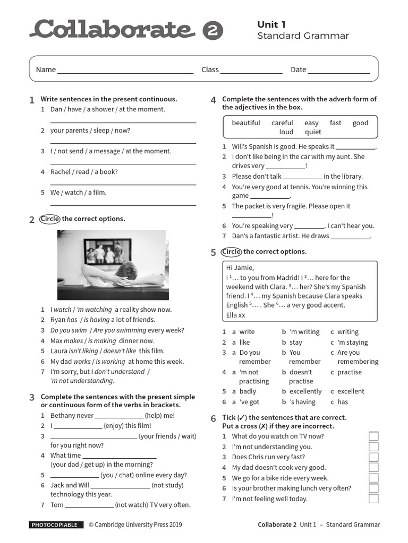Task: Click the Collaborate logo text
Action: tap(112, 29)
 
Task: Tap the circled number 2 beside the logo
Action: tap(212, 31)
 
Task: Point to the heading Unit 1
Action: tap(271, 24)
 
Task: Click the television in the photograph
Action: tap(107, 251)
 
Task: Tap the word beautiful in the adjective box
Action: tap(246, 123)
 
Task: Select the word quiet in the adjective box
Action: tap(313, 132)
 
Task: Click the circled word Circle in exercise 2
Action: tap(50, 219)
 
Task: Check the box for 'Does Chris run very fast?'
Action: tap(373, 457)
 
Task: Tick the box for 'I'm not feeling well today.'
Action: tap(373, 498)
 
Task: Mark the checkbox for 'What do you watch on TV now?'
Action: tap(373, 436)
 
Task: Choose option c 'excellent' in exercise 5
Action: tap(351, 391)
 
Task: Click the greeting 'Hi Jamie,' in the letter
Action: tap(240, 268)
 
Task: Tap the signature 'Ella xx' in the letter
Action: tap(236, 315)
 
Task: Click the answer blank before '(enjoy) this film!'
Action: tap(78, 426)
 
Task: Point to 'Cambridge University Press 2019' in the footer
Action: tap(138, 525)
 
